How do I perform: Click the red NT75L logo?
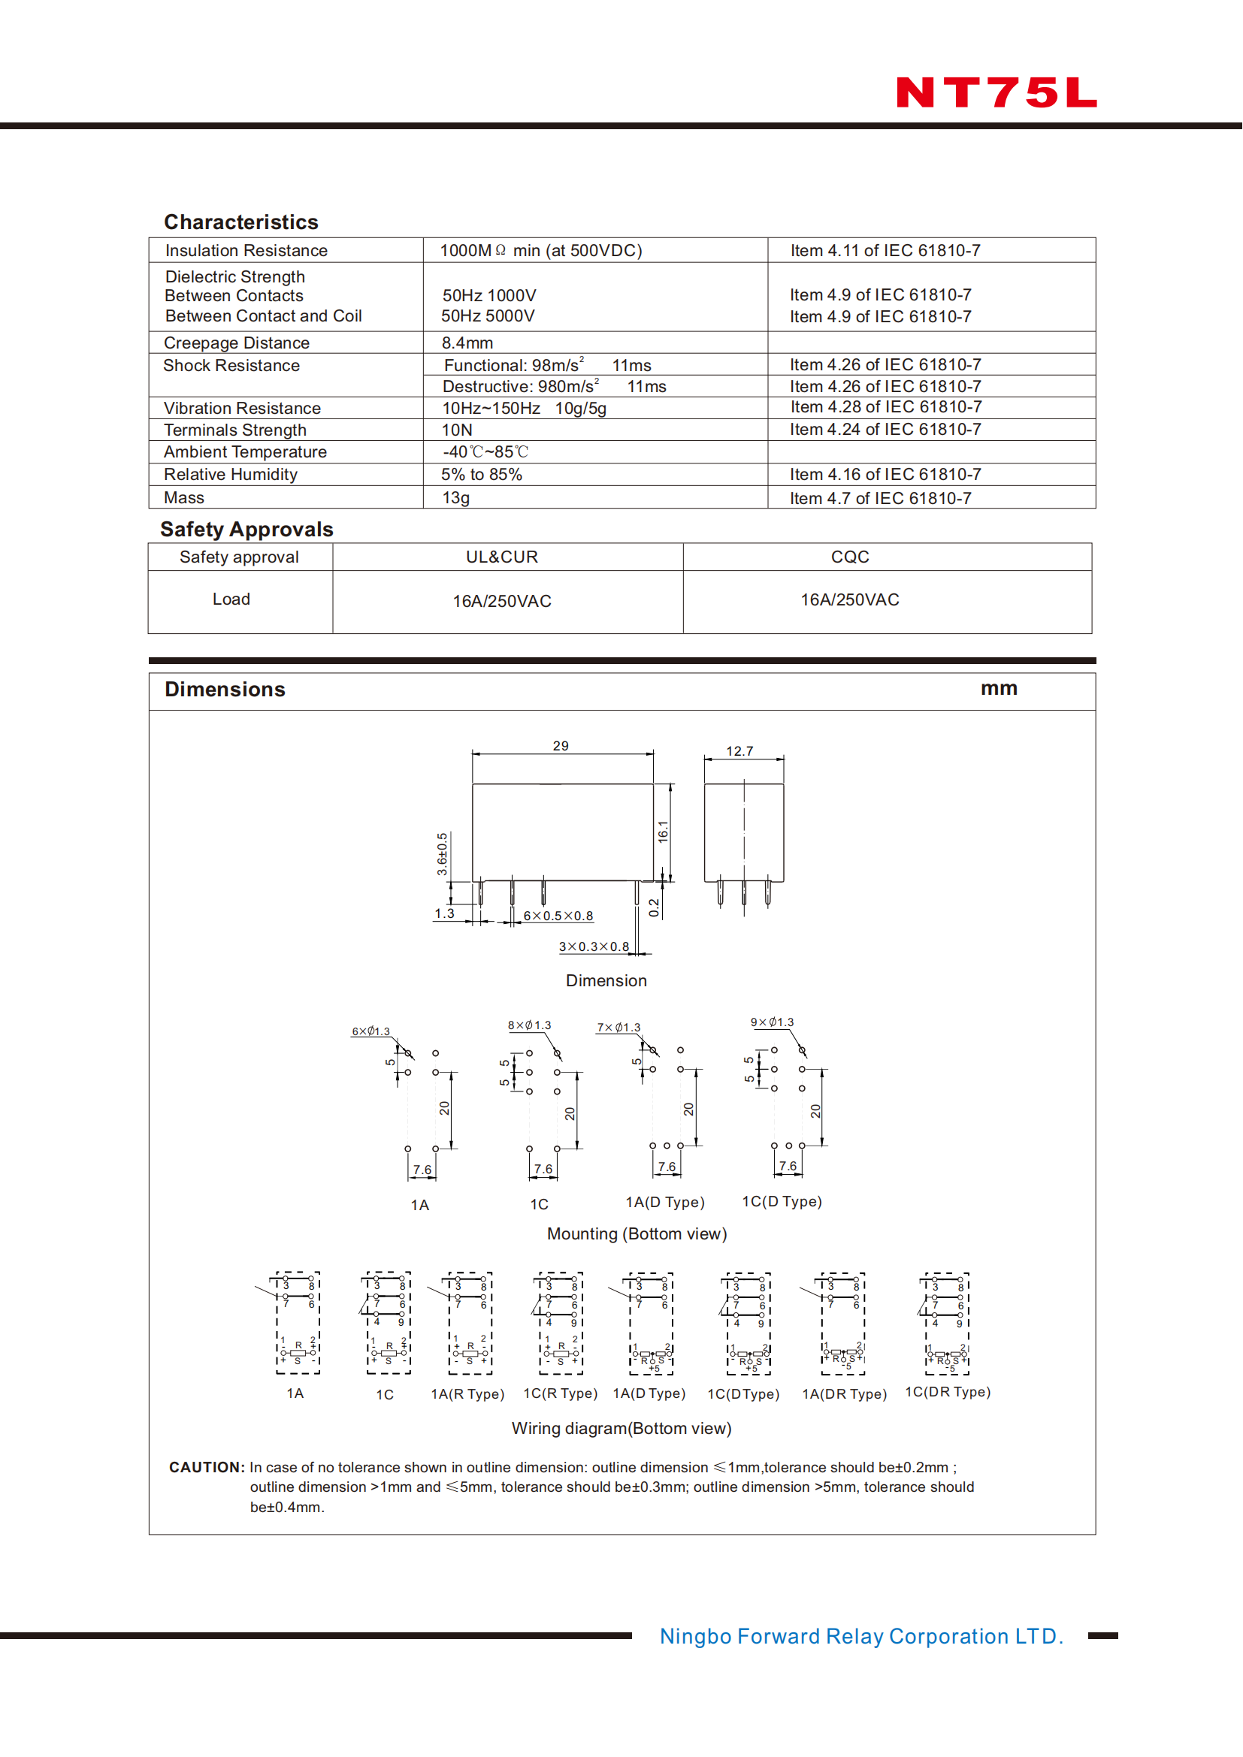tap(996, 92)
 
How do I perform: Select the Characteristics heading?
tap(241, 222)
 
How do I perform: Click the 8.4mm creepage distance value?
tap(467, 343)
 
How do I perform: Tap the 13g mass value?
tap(455, 498)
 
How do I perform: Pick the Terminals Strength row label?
tap(235, 430)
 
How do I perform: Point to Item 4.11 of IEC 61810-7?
tap(885, 250)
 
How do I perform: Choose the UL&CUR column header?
tap(502, 557)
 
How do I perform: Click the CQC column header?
tap(850, 557)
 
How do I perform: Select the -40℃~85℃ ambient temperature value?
tap(485, 452)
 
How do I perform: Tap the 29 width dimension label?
tap(561, 746)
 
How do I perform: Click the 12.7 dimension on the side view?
tap(739, 751)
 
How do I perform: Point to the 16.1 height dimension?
tap(663, 832)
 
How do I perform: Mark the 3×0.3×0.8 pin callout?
tap(594, 946)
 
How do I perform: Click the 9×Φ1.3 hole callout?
tap(773, 1022)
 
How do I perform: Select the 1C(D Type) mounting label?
tap(782, 1201)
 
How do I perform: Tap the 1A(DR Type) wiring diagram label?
tap(844, 1394)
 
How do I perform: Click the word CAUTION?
tap(207, 1467)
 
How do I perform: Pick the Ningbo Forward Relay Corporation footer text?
tap(861, 1636)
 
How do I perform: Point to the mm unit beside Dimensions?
tap(999, 688)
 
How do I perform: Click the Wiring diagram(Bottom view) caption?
tap(621, 1428)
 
